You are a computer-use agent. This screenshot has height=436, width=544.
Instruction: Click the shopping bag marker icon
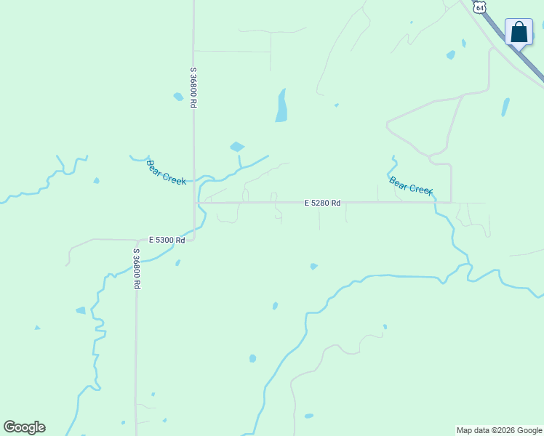tap(519, 33)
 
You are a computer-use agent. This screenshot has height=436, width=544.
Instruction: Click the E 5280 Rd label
tap(322, 203)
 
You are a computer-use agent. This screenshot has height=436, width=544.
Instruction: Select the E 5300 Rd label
tap(167, 240)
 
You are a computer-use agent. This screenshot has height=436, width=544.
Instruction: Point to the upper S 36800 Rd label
tap(193, 88)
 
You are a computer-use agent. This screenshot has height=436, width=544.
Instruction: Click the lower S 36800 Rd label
tap(136, 269)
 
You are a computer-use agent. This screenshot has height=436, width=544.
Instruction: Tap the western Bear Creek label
tap(167, 172)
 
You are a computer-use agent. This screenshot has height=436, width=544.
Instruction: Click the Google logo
tap(24, 427)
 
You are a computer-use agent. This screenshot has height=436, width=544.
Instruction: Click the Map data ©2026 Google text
tap(499, 430)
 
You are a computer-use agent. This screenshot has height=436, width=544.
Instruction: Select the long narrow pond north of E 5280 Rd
tap(281, 106)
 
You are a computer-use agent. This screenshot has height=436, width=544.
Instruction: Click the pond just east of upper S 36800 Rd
tap(237, 147)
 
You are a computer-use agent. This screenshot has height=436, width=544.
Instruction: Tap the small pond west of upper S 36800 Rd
tap(178, 97)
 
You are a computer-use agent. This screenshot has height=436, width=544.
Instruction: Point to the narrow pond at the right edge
tap(505, 107)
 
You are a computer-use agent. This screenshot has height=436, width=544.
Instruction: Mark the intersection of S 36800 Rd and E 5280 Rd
tap(194, 203)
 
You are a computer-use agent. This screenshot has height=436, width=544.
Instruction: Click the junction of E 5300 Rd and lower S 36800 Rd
tap(137, 241)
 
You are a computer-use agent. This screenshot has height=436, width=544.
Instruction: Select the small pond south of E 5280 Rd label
tap(313, 267)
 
